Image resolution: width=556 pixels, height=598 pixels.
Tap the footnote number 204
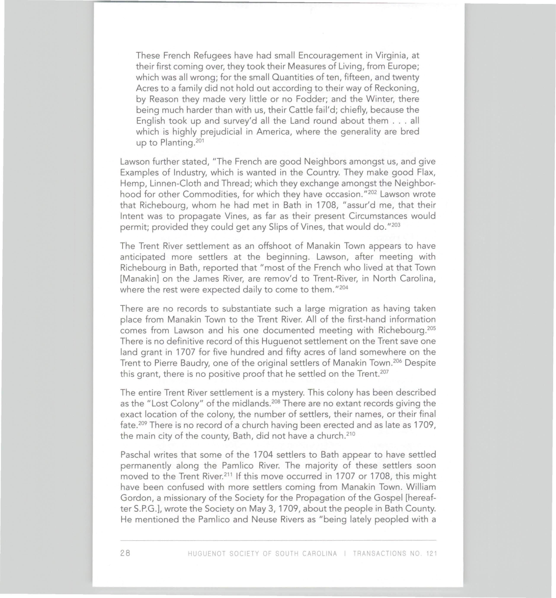click(343, 287)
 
